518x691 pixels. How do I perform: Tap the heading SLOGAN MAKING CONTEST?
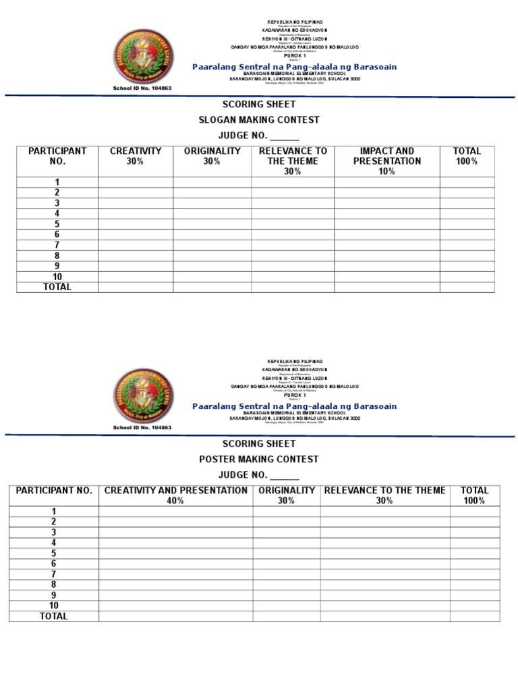[258, 120]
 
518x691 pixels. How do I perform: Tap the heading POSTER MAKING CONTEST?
[258, 460]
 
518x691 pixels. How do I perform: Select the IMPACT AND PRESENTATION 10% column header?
[386, 161]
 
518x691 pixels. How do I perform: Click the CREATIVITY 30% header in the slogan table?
[135, 157]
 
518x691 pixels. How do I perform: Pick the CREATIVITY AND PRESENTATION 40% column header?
[175, 495]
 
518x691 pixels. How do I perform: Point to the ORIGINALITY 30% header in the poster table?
[286, 495]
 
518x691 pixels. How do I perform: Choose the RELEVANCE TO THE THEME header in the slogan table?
[293, 161]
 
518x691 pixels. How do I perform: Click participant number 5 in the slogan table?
[57, 224]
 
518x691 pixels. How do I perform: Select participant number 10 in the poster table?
[54, 606]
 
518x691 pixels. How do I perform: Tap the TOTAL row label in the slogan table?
[57, 287]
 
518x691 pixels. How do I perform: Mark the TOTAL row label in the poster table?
[54, 616]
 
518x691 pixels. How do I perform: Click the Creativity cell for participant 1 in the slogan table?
[135, 182]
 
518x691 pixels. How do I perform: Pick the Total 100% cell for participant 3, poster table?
[474, 532]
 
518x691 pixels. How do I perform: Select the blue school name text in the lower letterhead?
[294, 406]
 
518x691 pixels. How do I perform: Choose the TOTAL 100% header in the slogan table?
[467, 157]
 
